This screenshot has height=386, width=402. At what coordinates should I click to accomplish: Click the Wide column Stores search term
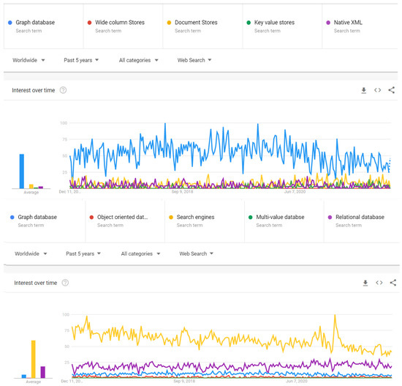pos(119,23)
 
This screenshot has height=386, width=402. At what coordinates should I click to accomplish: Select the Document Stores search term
pos(200,23)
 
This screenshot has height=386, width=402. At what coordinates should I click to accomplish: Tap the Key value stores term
pos(275,23)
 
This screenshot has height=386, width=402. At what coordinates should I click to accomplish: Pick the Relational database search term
pos(360,217)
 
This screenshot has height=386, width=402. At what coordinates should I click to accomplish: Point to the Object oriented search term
pos(123,217)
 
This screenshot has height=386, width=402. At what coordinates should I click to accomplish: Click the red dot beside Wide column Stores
pos(89,23)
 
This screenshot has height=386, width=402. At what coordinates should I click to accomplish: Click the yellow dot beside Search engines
pos(170,217)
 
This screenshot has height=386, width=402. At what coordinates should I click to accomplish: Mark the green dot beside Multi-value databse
pos(249,217)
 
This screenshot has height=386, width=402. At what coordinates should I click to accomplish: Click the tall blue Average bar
pos(22,171)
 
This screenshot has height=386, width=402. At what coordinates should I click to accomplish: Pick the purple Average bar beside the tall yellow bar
pos(42,371)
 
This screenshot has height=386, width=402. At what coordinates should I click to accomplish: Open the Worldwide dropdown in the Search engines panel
pos(30,253)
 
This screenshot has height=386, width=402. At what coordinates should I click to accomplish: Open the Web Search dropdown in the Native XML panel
pos(195,59)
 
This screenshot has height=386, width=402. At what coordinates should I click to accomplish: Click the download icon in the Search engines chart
pos(363,282)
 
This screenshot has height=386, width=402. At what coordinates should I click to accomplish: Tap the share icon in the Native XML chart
pos(392,89)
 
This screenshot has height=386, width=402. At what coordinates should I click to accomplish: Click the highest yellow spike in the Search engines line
pos(335,316)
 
